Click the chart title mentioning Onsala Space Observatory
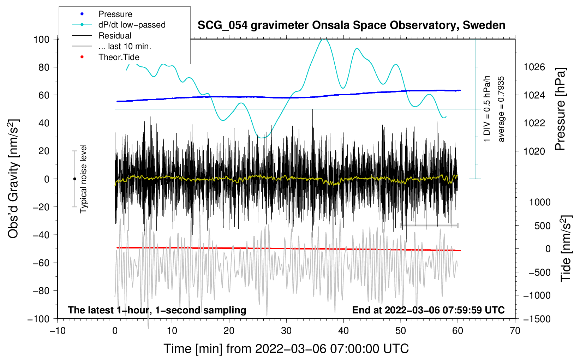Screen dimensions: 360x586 pyautogui.click(x=351, y=25)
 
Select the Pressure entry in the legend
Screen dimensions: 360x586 pyautogui.click(x=115, y=14)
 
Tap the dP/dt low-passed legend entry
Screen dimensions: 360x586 pyautogui.click(x=132, y=25)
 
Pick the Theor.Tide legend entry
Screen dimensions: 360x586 pyautogui.click(x=119, y=57)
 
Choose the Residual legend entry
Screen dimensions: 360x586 pyautogui.click(x=115, y=36)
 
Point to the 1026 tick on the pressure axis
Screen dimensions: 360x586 pyautogui.click(x=534, y=67)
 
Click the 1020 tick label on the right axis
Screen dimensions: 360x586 pyautogui.click(x=534, y=151)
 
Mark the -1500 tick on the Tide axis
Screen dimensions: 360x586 pyautogui.click(x=537, y=319)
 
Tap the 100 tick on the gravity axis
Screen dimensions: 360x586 pyautogui.click(x=41, y=39)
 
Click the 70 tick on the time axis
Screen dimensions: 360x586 pyautogui.click(x=515, y=331)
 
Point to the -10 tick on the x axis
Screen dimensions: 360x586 pyautogui.click(x=58, y=331)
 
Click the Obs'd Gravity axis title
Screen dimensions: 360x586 pyautogui.click(x=13, y=179)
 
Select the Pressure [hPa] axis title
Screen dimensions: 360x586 pyautogui.click(x=561, y=109)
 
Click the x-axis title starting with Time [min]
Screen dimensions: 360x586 pyautogui.click(x=286, y=349)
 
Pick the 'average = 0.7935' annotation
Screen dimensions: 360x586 pyautogui.click(x=501, y=109)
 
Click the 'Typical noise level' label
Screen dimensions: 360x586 pyautogui.click(x=83, y=179)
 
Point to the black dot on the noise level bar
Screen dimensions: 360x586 pyautogui.click(x=74, y=179)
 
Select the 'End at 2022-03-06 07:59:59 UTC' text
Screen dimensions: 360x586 pyautogui.click(x=428, y=310)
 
